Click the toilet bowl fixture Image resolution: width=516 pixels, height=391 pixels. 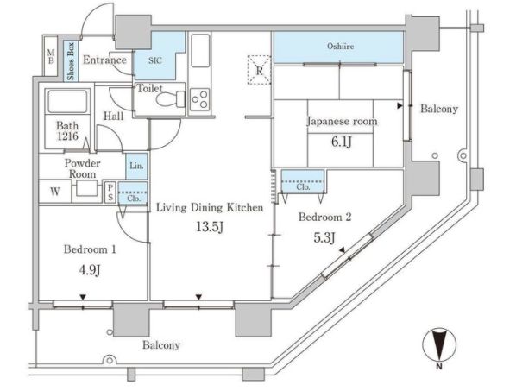point(171,99)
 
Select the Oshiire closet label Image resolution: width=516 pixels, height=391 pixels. point(340,46)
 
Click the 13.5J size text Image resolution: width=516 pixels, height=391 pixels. point(210,227)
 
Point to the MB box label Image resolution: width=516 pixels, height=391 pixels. point(51,56)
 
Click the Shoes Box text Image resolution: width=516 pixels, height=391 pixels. point(71,61)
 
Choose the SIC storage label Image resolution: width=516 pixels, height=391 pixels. point(155,60)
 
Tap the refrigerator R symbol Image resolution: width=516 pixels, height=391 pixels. point(260,71)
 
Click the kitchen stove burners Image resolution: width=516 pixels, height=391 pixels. point(199,99)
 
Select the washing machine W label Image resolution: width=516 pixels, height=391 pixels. point(55,192)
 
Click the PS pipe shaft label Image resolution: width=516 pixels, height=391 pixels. point(110,192)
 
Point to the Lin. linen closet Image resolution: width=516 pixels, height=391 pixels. point(136,167)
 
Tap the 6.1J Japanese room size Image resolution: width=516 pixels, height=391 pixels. point(341,142)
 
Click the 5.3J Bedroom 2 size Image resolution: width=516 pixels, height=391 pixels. point(324,237)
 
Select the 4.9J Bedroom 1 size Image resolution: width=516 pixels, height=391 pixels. point(90,270)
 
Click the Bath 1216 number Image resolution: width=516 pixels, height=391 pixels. point(67,136)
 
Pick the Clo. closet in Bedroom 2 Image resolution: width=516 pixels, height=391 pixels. point(303,181)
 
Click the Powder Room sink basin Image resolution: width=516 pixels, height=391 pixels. point(87,188)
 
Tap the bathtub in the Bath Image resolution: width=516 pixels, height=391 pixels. point(67,102)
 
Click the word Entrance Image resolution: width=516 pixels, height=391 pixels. point(104,60)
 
